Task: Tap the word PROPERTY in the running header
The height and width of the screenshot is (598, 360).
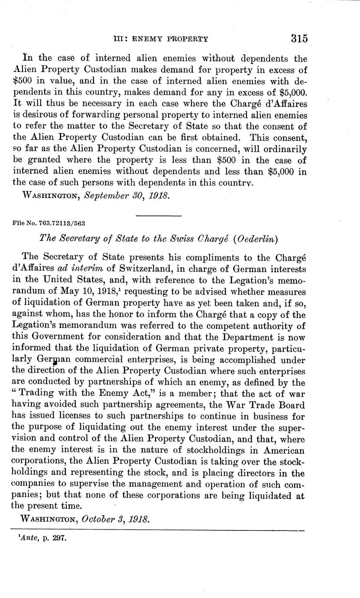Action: click(x=187, y=39)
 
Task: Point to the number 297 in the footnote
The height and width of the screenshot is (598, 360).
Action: click(x=62, y=539)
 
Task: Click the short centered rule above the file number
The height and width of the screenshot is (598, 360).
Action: click(x=159, y=215)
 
